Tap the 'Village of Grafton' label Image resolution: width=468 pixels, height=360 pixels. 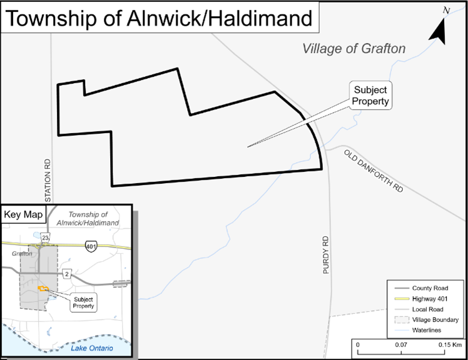354,48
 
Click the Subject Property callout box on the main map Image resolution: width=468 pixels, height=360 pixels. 370,95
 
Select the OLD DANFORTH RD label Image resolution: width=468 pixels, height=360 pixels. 374,170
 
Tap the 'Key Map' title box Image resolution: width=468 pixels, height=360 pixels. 24,214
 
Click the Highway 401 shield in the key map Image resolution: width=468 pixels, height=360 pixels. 91,244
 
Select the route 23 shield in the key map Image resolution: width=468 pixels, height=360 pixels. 45,238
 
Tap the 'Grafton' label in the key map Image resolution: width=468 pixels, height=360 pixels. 21,254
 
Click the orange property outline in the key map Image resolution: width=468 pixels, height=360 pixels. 43,288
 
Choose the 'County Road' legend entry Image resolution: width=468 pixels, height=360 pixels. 429,288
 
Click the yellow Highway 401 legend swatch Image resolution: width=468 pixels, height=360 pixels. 400,299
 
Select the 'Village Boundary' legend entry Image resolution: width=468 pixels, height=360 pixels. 435,319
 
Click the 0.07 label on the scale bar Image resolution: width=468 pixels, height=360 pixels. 401,344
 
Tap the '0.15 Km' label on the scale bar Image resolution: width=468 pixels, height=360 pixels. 449,344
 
